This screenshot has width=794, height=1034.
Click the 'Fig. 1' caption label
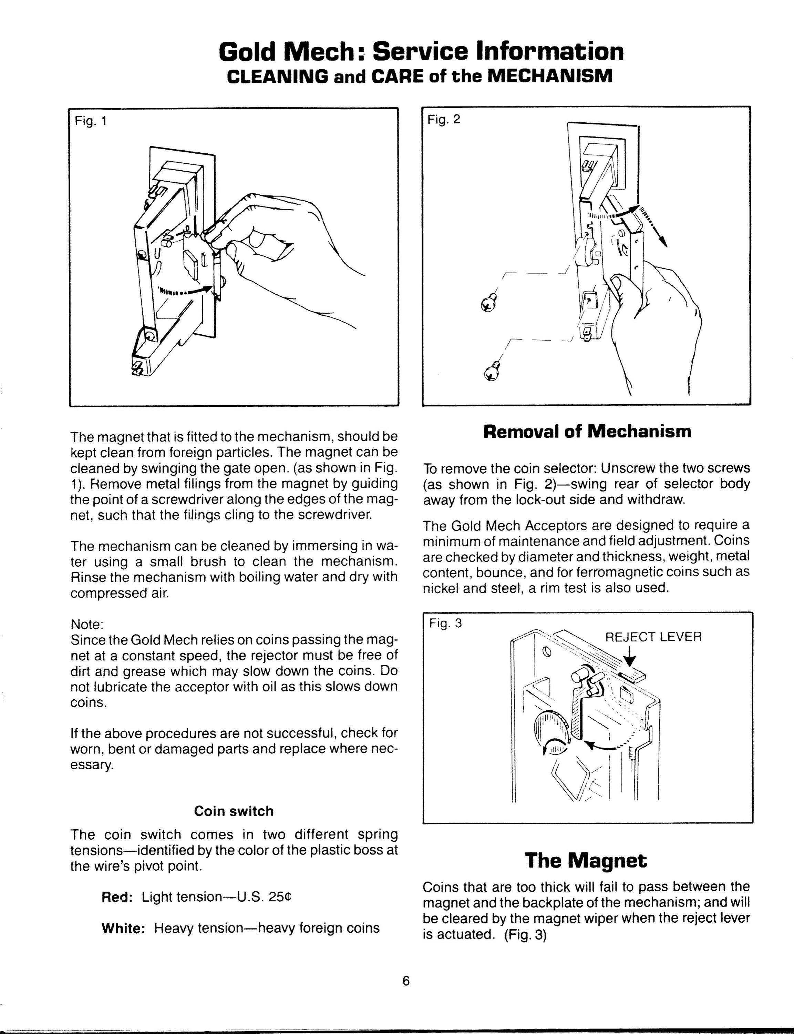[91, 121]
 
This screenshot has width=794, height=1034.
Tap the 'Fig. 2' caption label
[443, 119]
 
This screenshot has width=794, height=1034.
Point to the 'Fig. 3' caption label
[445, 623]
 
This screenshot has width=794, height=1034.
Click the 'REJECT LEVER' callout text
[654, 637]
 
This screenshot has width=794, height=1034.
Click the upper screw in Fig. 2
[489, 303]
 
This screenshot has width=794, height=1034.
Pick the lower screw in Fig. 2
[492, 371]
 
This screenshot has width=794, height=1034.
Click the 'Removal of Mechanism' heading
[587, 431]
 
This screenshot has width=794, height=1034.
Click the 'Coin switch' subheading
[234, 811]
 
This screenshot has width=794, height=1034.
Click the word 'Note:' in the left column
[87, 624]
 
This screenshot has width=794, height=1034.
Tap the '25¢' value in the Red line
[280, 897]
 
